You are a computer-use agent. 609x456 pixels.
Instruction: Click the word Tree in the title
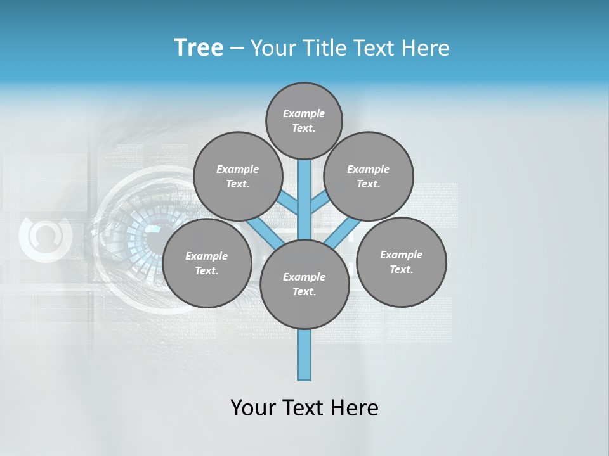[199, 47]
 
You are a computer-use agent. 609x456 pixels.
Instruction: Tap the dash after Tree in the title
[237, 49]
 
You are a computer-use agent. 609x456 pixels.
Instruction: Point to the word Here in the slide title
[424, 48]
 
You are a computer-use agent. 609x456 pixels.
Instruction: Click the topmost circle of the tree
[304, 120]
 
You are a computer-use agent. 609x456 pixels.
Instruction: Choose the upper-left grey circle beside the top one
[237, 176]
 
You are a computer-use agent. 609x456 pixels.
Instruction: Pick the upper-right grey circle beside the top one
[369, 176]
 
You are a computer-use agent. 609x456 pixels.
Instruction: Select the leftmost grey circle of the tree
[207, 263]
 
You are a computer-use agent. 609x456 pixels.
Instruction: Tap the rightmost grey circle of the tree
[402, 262]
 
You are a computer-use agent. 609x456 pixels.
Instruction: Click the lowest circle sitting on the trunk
[304, 284]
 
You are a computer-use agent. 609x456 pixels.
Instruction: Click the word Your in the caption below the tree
[252, 408]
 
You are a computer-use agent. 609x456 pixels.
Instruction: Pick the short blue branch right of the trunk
[318, 203]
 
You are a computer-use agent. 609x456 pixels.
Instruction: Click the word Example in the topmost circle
[304, 113]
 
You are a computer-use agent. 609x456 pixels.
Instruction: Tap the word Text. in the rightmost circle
[401, 269]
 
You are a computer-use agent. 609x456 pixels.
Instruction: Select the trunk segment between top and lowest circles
[304, 199]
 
